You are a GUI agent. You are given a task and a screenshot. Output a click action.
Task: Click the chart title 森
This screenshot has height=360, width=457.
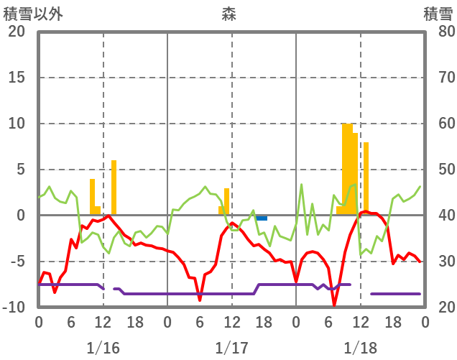[x=228, y=13]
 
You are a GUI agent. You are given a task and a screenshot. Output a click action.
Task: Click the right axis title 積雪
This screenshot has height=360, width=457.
[x=438, y=13]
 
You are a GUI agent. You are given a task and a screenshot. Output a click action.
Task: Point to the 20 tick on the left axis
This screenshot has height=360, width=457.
[x=17, y=32]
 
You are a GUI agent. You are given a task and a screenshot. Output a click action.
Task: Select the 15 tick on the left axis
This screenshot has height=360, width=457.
[x=17, y=78]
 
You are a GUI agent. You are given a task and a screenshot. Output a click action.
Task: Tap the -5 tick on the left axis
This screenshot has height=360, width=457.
[x=17, y=262]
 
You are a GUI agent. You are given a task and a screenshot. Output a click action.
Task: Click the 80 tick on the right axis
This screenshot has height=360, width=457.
[x=438, y=32]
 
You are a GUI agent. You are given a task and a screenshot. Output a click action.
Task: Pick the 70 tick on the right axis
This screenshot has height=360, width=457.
[x=438, y=78]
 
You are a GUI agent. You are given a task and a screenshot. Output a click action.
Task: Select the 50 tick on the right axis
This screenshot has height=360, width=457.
[x=438, y=170]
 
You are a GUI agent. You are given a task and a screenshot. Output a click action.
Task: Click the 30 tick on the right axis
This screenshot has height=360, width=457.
[x=438, y=262]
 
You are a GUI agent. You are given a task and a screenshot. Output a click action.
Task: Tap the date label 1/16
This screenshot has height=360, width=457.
[x=103, y=348]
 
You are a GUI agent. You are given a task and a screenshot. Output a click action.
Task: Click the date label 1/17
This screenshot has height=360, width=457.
[x=231, y=348]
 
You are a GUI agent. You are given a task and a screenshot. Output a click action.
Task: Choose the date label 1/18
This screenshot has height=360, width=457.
[x=360, y=348]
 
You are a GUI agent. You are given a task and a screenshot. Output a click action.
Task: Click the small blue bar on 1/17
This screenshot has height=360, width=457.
[x=262, y=218]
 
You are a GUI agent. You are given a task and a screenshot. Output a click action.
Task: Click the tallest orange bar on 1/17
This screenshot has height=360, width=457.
[x=226, y=202]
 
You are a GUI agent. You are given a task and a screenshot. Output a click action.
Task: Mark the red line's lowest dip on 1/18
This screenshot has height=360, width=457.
[x=333, y=305]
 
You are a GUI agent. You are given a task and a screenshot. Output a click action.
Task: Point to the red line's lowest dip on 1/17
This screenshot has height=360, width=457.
[x=200, y=299]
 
